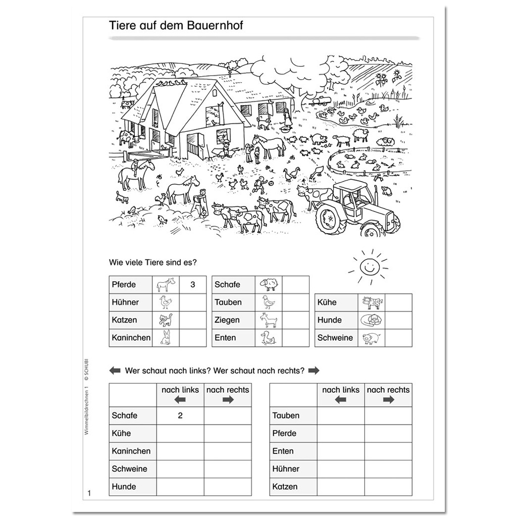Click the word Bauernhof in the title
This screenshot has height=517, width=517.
pyautogui.click(x=214, y=25)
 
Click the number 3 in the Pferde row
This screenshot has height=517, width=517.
pyautogui.click(x=192, y=285)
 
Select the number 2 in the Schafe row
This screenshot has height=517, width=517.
pyautogui.click(x=180, y=416)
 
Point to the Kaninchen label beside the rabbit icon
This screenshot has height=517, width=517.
pyautogui.click(x=131, y=338)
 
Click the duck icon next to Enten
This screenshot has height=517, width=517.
pyautogui.click(x=268, y=338)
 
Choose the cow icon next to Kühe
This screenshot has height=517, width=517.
pyautogui.click(x=372, y=302)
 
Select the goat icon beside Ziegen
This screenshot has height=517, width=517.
pyautogui.click(x=268, y=320)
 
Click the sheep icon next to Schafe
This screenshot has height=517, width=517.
pyautogui.click(x=268, y=285)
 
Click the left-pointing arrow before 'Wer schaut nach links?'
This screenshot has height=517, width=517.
pyautogui.click(x=115, y=371)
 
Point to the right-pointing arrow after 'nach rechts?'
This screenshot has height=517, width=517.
pyautogui.click(x=314, y=371)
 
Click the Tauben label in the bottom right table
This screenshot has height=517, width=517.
pyautogui.click(x=286, y=416)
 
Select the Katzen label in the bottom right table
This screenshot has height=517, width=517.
pyautogui.click(x=285, y=487)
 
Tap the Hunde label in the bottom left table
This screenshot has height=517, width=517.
pyautogui.click(x=124, y=487)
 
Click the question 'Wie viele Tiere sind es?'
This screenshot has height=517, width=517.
pyautogui.click(x=152, y=262)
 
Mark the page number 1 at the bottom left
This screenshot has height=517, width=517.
pyautogui.click(x=88, y=493)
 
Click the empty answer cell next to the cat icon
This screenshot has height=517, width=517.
pyautogui.click(x=192, y=320)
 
